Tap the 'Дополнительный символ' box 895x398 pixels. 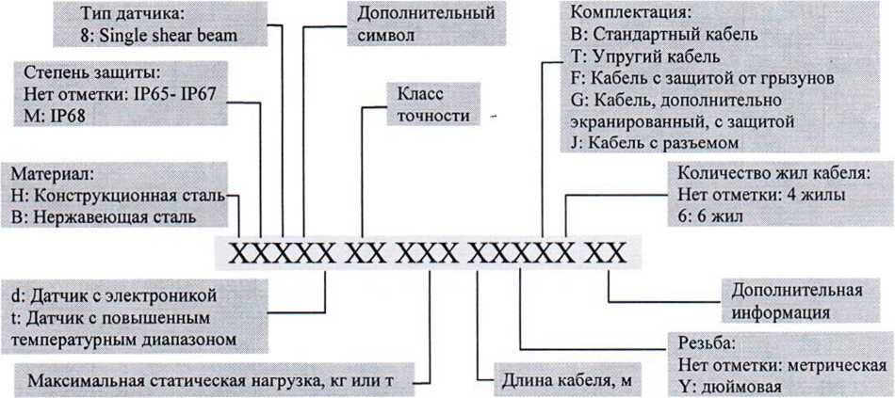[426, 24]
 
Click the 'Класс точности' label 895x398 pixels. [432, 104]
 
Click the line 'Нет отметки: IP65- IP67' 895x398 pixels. [120, 94]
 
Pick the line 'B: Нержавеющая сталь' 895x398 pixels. [103, 217]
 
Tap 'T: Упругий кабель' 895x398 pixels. [645, 56]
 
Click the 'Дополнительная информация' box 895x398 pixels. [797, 301]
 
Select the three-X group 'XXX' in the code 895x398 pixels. [428, 252]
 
